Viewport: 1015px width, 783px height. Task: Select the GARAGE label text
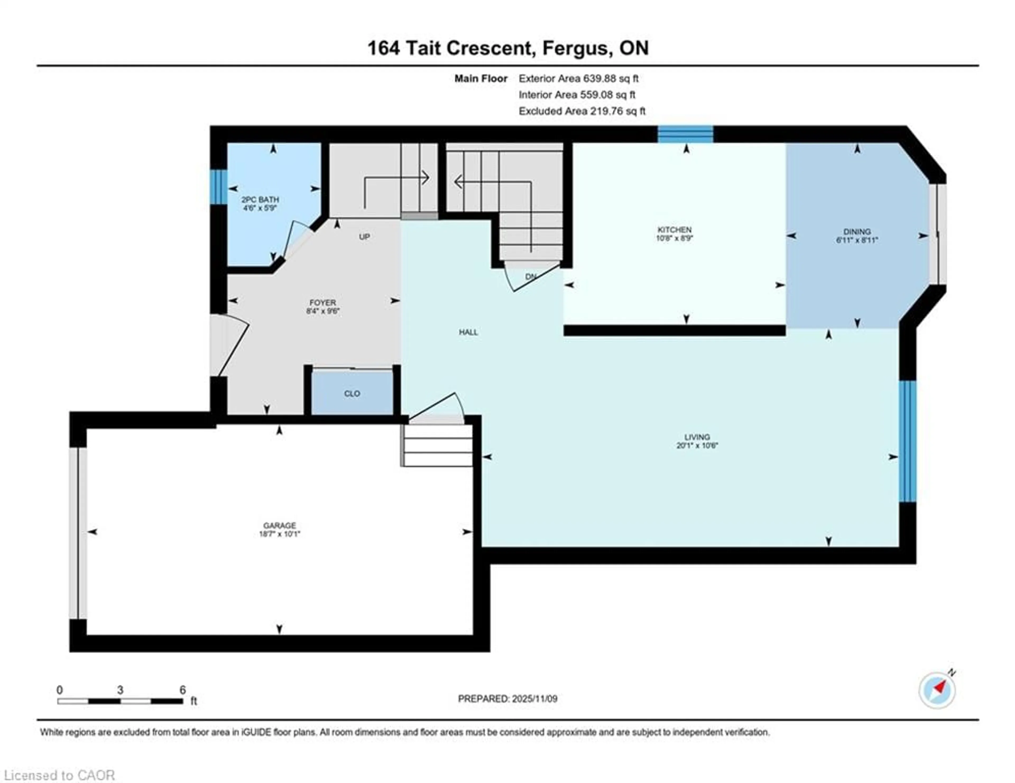click(x=279, y=525)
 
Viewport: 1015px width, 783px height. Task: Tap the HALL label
click(x=468, y=332)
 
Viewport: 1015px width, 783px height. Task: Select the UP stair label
click(x=364, y=237)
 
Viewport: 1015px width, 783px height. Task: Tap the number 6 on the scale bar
click(x=183, y=690)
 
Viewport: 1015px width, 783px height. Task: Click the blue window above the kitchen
click(x=685, y=134)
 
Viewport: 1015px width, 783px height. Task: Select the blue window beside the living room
click(x=907, y=441)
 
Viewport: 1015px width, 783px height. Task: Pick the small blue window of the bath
click(x=218, y=187)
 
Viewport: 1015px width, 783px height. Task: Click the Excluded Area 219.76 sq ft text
click(x=582, y=111)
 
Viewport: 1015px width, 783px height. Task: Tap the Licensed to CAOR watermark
click(x=59, y=775)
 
